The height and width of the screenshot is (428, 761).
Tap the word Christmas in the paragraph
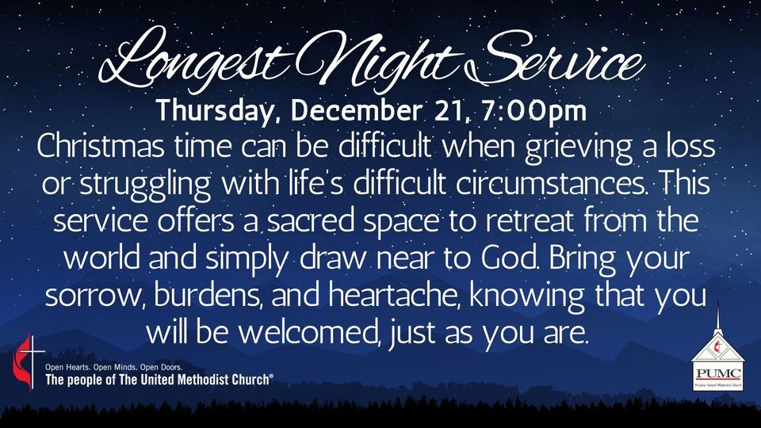pyautogui.click(x=104, y=148)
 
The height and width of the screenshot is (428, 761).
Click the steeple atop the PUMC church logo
pyautogui.click(x=717, y=317)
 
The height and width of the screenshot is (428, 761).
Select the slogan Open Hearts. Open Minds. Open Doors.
pyautogui.click(x=114, y=368)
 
